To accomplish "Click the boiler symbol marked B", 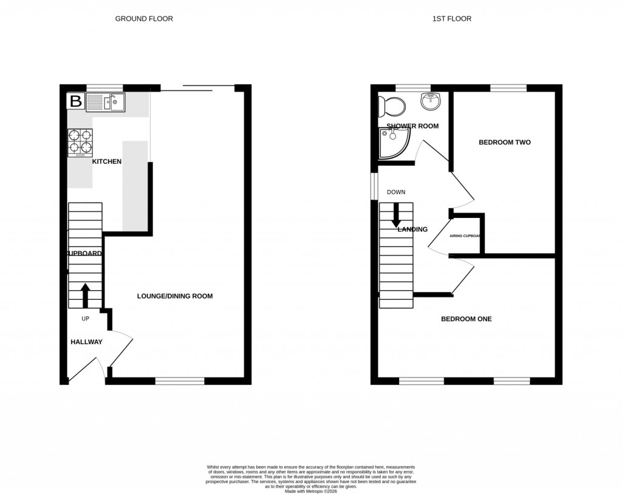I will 75,101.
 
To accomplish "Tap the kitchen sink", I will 105,102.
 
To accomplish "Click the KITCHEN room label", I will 107,161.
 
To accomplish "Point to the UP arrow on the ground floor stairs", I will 85,296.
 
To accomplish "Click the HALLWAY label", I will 86,342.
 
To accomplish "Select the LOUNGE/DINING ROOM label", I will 175,296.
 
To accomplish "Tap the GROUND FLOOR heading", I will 144,19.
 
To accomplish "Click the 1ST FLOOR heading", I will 452,19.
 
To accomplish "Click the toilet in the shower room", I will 391,107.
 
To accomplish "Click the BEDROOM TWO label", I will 505,143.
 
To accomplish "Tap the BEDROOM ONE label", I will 466,319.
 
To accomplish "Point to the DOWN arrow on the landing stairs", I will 396,215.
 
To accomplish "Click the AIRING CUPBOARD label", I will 465,236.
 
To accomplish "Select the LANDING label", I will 412,229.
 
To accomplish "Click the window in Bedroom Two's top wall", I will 508,88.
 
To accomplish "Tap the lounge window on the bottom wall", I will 180,381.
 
